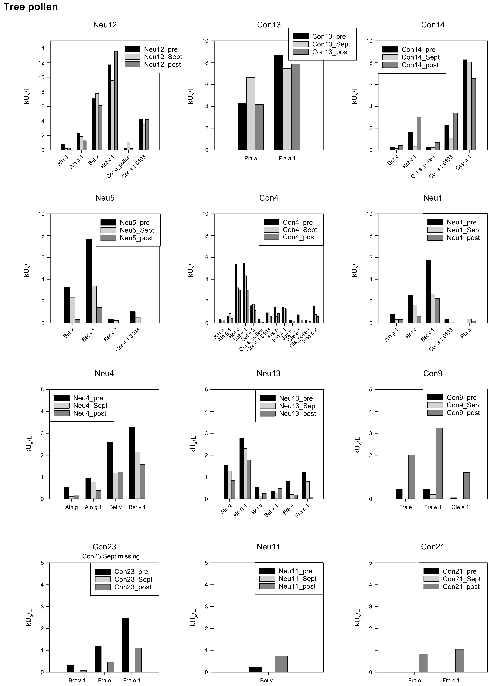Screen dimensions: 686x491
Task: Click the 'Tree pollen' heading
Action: point(31,7)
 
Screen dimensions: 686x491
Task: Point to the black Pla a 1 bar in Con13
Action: point(278,102)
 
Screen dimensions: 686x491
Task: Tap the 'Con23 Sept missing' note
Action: point(111,556)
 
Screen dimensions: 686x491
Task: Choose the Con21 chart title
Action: point(432,547)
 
